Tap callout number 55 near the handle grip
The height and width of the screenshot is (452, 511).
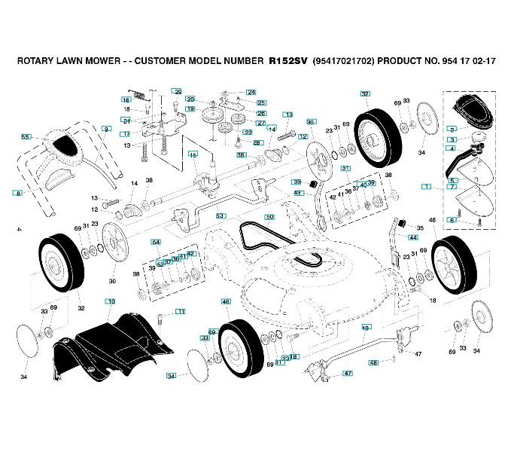pyautogui.click(x=26, y=137)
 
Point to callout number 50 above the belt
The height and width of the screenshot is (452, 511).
pyautogui.click(x=269, y=217)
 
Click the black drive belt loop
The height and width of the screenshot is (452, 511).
pyautogui.click(x=278, y=245)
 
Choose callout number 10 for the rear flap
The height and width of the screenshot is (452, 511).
pyautogui.click(x=111, y=301)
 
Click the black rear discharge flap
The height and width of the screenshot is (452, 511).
pyautogui.click(x=109, y=343)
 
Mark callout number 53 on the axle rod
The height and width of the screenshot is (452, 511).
pyautogui.click(x=221, y=215)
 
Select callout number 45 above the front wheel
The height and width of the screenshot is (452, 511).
pyautogui.click(x=226, y=301)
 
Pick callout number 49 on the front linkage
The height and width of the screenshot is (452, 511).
pyautogui.click(x=367, y=327)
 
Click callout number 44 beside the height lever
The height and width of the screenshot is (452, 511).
pyautogui.click(x=413, y=237)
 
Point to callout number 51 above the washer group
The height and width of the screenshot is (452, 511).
pyautogui.click(x=345, y=168)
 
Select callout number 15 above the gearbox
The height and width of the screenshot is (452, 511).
pyautogui.click(x=193, y=154)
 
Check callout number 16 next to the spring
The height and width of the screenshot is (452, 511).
pyautogui.click(x=126, y=99)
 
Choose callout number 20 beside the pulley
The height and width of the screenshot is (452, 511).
pyautogui.click(x=190, y=99)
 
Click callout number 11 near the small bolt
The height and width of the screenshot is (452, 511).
pyautogui.click(x=180, y=311)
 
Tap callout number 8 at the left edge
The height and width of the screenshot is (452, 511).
pyautogui.click(x=18, y=194)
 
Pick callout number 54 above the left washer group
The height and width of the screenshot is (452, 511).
pyautogui.click(x=156, y=242)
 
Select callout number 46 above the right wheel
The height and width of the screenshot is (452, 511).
pyautogui.click(x=432, y=220)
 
